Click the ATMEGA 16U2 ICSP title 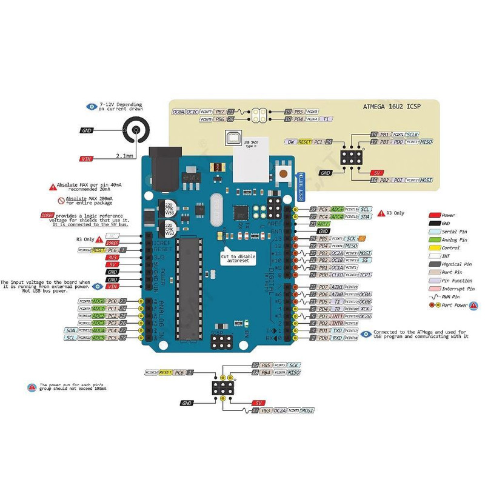coord(391,107)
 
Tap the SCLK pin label coord(412,134)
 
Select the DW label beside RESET coord(291,141)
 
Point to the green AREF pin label coord(324,224)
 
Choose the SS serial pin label coord(365,260)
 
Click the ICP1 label coord(365,275)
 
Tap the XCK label coord(365,309)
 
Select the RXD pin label coord(338,338)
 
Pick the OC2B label coord(365,316)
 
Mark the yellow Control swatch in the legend coord(435,248)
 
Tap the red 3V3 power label coord(112,257)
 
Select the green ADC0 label coord(99,301)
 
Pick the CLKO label coord(338,275)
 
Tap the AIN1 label coord(338,287)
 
